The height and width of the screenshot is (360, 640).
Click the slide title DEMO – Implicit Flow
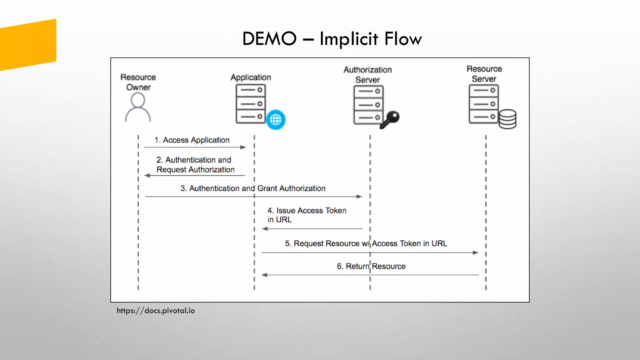pyautogui.click(x=332, y=39)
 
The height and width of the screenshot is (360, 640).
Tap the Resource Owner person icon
pyautogui.click(x=138, y=108)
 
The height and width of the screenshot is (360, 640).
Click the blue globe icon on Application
pyautogui.click(x=276, y=119)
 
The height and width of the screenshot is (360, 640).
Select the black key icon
pyautogui.click(x=390, y=119)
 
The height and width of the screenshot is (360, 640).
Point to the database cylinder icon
pyautogui.click(x=507, y=119)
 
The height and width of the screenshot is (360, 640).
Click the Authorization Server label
pyautogui.click(x=367, y=75)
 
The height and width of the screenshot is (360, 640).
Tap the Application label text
pyautogui.click(x=251, y=77)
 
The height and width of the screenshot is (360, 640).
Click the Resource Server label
pyautogui.click(x=484, y=74)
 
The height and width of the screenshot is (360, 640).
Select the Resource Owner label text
pyautogui.click(x=138, y=82)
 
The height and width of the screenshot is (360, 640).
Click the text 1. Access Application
pyautogui.click(x=192, y=140)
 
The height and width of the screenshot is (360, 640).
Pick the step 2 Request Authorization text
pyautogui.click(x=195, y=165)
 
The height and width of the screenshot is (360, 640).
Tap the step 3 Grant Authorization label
pyautogui.click(x=253, y=188)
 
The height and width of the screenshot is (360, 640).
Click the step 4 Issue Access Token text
pyautogui.click(x=307, y=215)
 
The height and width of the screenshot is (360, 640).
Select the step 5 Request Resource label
pyautogui.click(x=366, y=243)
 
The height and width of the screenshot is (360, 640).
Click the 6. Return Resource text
pyautogui.click(x=371, y=266)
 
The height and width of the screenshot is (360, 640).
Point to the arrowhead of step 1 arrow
pyautogui.click(x=243, y=147)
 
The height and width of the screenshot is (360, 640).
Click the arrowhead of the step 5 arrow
pyautogui.click(x=476, y=252)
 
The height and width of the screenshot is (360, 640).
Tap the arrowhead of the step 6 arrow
pyautogui.click(x=264, y=275)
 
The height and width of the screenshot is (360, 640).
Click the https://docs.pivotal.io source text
pyautogui.click(x=156, y=311)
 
